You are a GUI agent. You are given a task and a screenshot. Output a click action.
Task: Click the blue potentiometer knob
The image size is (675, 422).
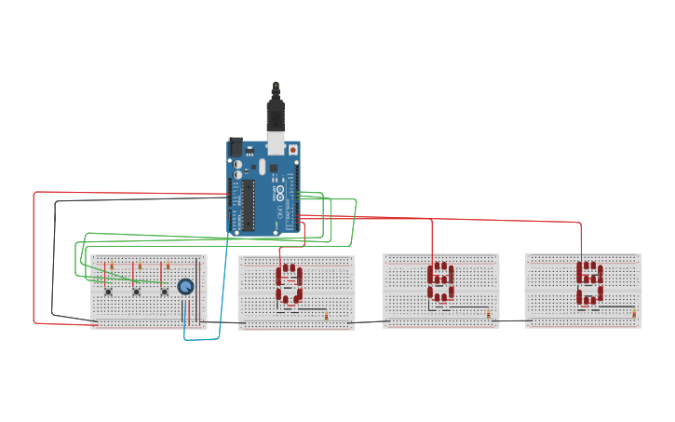(x=185, y=287)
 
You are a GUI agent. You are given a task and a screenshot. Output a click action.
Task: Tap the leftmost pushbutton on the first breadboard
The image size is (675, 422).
(x=109, y=292)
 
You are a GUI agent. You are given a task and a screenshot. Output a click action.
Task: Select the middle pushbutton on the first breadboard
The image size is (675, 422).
(x=137, y=292)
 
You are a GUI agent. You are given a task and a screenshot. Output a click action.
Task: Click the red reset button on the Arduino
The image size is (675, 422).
(x=292, y=149)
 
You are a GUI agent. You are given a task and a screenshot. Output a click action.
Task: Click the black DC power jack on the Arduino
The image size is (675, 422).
(x=236, y=146)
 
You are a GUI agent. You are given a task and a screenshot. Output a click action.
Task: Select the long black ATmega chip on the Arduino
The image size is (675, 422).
(x=249, y=204)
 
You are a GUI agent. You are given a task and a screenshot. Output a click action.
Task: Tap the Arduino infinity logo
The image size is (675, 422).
(x=278, y=195)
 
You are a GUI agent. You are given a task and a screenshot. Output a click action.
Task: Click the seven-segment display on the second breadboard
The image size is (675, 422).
(x=289, y=286)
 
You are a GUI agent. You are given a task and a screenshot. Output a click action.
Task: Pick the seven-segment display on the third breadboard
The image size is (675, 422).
(x=440, y=284)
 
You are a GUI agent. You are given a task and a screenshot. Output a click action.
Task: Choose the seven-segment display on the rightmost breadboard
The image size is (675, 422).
(x=588, y=283)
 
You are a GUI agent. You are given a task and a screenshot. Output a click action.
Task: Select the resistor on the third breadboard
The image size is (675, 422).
(x=488, y=315)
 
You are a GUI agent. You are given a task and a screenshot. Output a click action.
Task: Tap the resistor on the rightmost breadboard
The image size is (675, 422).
(x=634, y=314)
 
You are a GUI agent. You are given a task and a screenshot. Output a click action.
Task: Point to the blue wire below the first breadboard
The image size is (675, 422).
(x=202, y=339)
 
